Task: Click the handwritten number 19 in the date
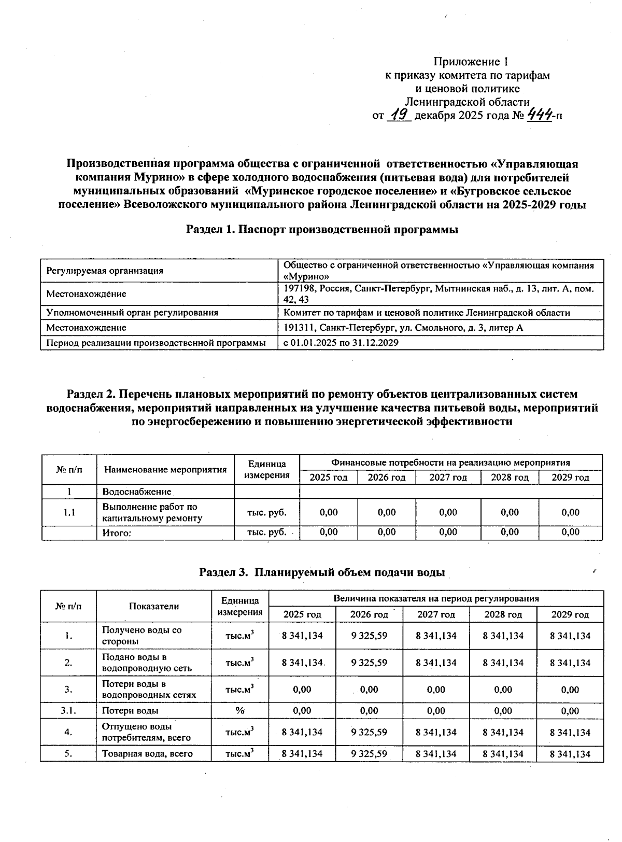tap(400, 115)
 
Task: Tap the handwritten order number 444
tap(539, 115)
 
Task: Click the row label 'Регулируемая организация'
tap(105, 271)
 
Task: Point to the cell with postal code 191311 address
tap(403, 328)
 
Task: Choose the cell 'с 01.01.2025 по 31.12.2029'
tap(341, 343)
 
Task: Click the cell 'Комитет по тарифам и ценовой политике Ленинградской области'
tap(427, 313)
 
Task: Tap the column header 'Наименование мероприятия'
tap(165, 470)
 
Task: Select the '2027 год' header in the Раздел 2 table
tap(448, 478)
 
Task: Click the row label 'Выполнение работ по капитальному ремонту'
tap(150, 512)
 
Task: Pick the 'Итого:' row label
tap(117, 532)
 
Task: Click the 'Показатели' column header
tap(154, 606)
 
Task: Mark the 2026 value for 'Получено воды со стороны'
tap(369, 636)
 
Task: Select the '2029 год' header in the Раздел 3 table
tap(570, 614)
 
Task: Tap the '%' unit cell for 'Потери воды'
tap(239, 711)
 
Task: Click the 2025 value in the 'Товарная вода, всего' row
tap(302, 754)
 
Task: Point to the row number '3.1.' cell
tap(68, 711)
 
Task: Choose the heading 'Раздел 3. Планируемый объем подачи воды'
tap(322, 573)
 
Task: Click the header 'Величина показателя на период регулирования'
tap(436, 598)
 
